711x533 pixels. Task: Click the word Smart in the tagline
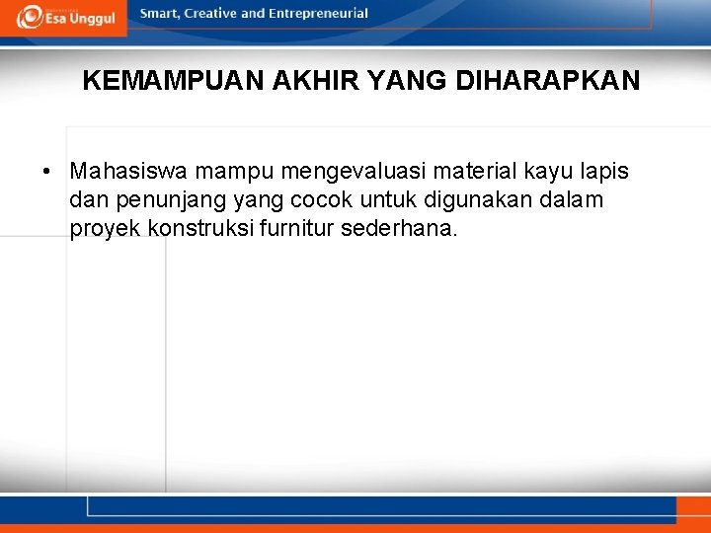(x=161, y=14)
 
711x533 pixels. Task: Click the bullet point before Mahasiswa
(x=47, y=172)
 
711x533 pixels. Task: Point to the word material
(x=474, y=172)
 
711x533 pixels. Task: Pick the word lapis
(x=604, y=172)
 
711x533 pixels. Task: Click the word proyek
(x=105, y=230)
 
